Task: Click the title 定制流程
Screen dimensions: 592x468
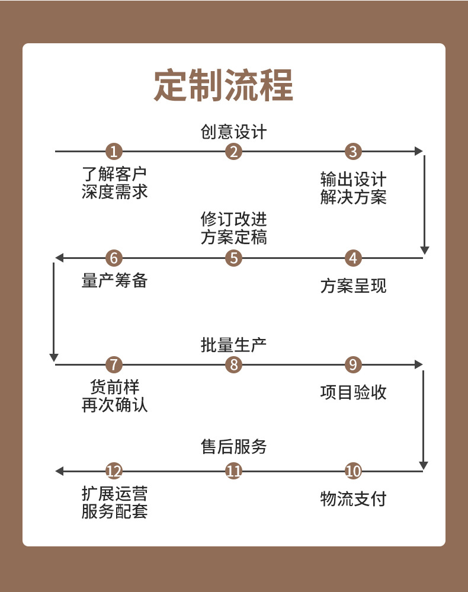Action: pyautogui.click(x=224, y=87)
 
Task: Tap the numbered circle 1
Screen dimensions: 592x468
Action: pyautogui.click(x=114, y=152)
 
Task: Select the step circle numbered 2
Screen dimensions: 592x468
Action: pyautogui.click(x=234, y=152)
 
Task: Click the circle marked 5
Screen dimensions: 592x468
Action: pyautogui.click(x=234, y=258)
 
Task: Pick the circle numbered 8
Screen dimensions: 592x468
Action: pyautogui.click(x=234, y=365)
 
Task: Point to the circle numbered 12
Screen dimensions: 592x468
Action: pyautogui.click(x=114, y=472)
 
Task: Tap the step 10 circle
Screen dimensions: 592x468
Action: pyautogui.click(x=353, y=472)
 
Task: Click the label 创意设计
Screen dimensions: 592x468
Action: pyautogui.click(x=234, y=132)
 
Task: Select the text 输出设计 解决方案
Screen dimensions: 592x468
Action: pyautogui.click(x=353, y=188)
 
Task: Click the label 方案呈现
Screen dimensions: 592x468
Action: pyautogui.click(x=353, y=286)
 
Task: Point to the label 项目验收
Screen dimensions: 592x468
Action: pyautogui.click(x=353, y=392)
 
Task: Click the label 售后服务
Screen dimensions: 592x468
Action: pyautogui.click(x=234, y=447)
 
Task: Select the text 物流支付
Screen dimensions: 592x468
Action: pyautogui.click(x=353, y=499)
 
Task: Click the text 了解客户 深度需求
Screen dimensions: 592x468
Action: pyautogui.click(x=114, y=183)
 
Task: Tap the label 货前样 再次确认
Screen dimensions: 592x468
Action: pyautogui.click(x=114, y=396)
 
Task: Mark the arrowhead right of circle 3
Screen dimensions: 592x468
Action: pyautogui.click(x=419, y=152)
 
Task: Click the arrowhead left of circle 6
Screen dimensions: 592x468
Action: pyautogui.click(x=59, y=258)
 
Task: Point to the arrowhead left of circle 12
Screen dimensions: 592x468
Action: pyautogui.click(x=59, y=472)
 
